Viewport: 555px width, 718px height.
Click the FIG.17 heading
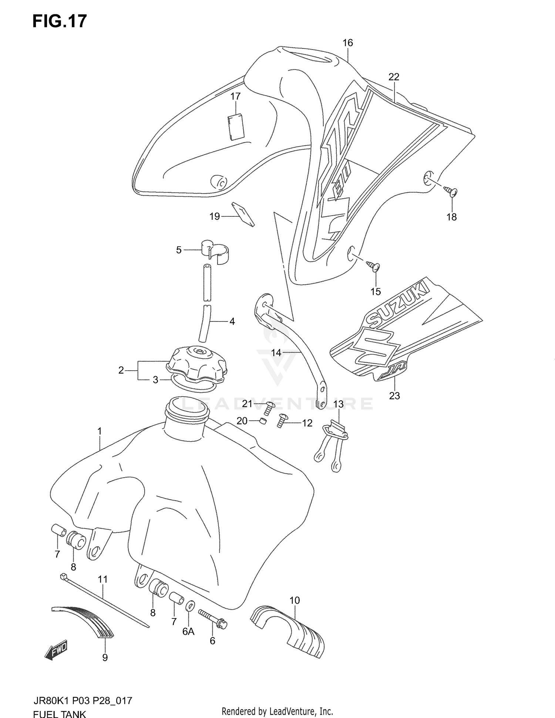pos(59,21)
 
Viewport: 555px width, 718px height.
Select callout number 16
pos(347,43)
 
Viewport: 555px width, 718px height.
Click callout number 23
pos(394,396)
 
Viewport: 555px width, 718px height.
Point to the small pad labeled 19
pos(243,214)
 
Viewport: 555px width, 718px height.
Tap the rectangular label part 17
pos(235,127)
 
